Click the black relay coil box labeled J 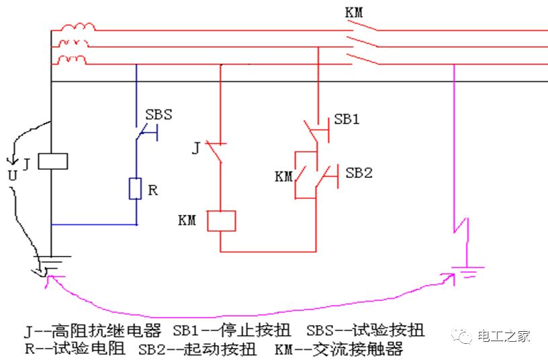coord(53,161)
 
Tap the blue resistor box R coord(135,189)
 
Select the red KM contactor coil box coord(222,221)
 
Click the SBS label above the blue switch coord(158,114)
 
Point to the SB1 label coord(347,120)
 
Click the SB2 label coord(359,173)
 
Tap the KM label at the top coord(357,12)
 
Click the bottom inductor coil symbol coord(73,61)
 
